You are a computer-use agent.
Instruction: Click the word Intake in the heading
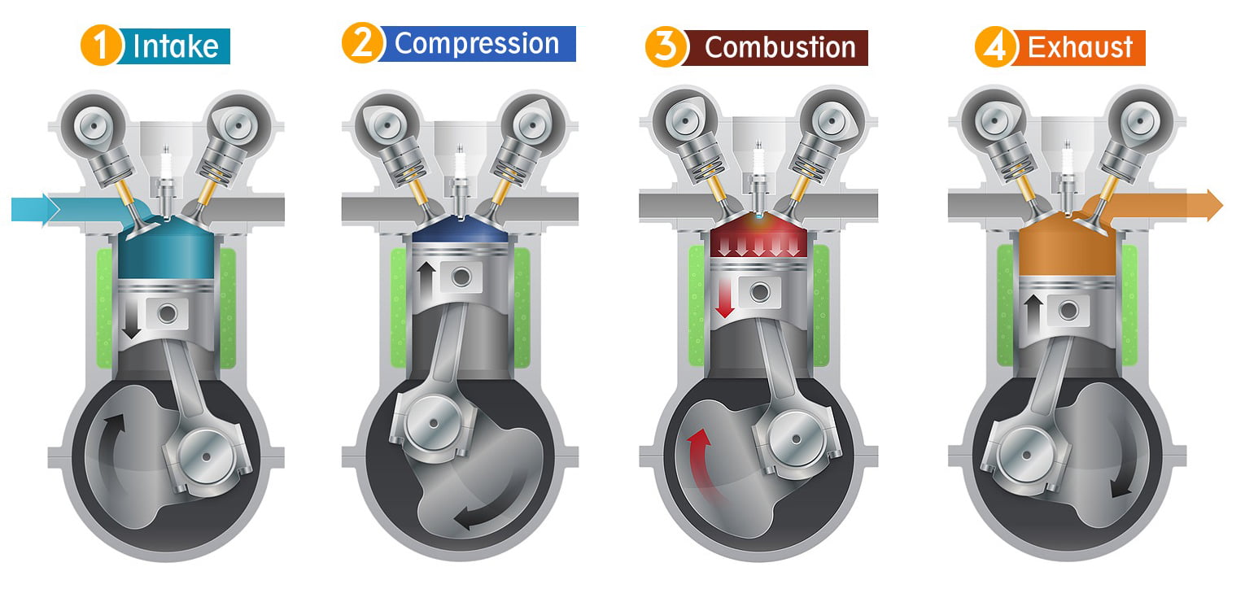[176, 46]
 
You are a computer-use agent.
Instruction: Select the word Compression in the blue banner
[477, 44]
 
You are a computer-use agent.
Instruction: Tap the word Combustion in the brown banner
[780, 48]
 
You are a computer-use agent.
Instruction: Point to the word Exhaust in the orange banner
[1080, 47]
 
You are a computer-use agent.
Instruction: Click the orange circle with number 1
[101, 46]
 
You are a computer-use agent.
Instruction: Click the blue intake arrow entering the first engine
[36, 209]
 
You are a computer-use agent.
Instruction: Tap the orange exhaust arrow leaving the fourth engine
[1156, 205]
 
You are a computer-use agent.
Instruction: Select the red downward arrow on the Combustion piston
[724, 298]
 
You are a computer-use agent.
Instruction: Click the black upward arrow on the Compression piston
[426, 281]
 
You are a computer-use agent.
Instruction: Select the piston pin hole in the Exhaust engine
[1068, 311]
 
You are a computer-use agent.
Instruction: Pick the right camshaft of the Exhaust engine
[1141, 120]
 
